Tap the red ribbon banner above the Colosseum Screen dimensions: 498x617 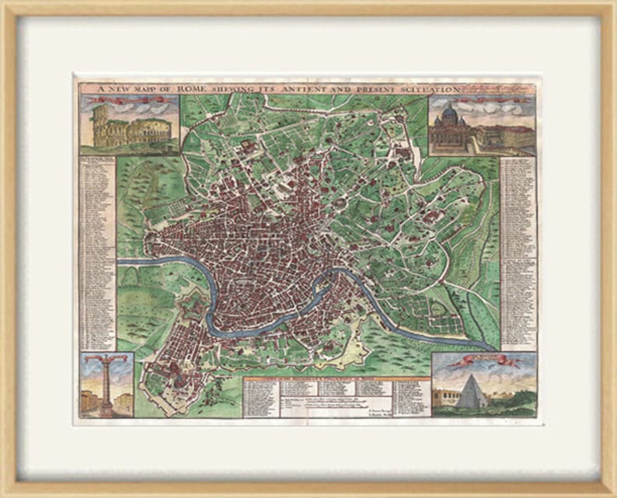128,100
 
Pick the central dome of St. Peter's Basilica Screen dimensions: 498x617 451,115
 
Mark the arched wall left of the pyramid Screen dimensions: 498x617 446,399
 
